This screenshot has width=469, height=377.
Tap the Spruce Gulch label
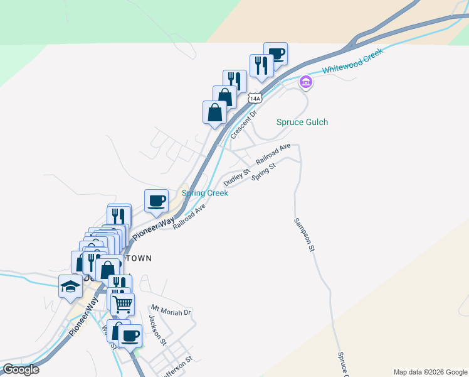pyautogui.click(x=302, y=122)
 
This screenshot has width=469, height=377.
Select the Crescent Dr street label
pyautogui.click(x=244, y=126)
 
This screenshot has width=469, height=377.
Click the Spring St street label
pyautogui.click(x=264, y=172)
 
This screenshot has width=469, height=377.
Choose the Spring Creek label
pyautogui.click(x=205, y=193)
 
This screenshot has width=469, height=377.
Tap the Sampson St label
pyautogui.click(x=303, y=235)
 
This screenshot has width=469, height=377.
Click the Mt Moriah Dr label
pyautogui.click(x=171, y=312)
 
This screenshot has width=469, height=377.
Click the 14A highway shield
pyautogui.click(x=254, y=99)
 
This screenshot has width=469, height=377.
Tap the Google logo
pyautogui.click(x=20, y=369)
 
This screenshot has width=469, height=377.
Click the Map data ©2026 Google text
pyautogui.click(x=429, y=372)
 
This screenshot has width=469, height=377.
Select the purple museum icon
pyautogui.click(x=306, y=82)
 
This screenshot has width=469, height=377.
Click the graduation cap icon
pyautogui.click(x=70, y=287)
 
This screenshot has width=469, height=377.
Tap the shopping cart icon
pyautogui.click(x=122, y=304)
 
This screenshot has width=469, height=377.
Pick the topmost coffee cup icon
pyautogui.click(x=275, y=54)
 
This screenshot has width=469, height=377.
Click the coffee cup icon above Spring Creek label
pyautogui.click(x=156, y=201)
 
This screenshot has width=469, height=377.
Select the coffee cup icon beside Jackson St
pyautogui.click(x=130, y=336)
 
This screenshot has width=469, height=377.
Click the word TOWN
pyautogui.click(x=139, y=258)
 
